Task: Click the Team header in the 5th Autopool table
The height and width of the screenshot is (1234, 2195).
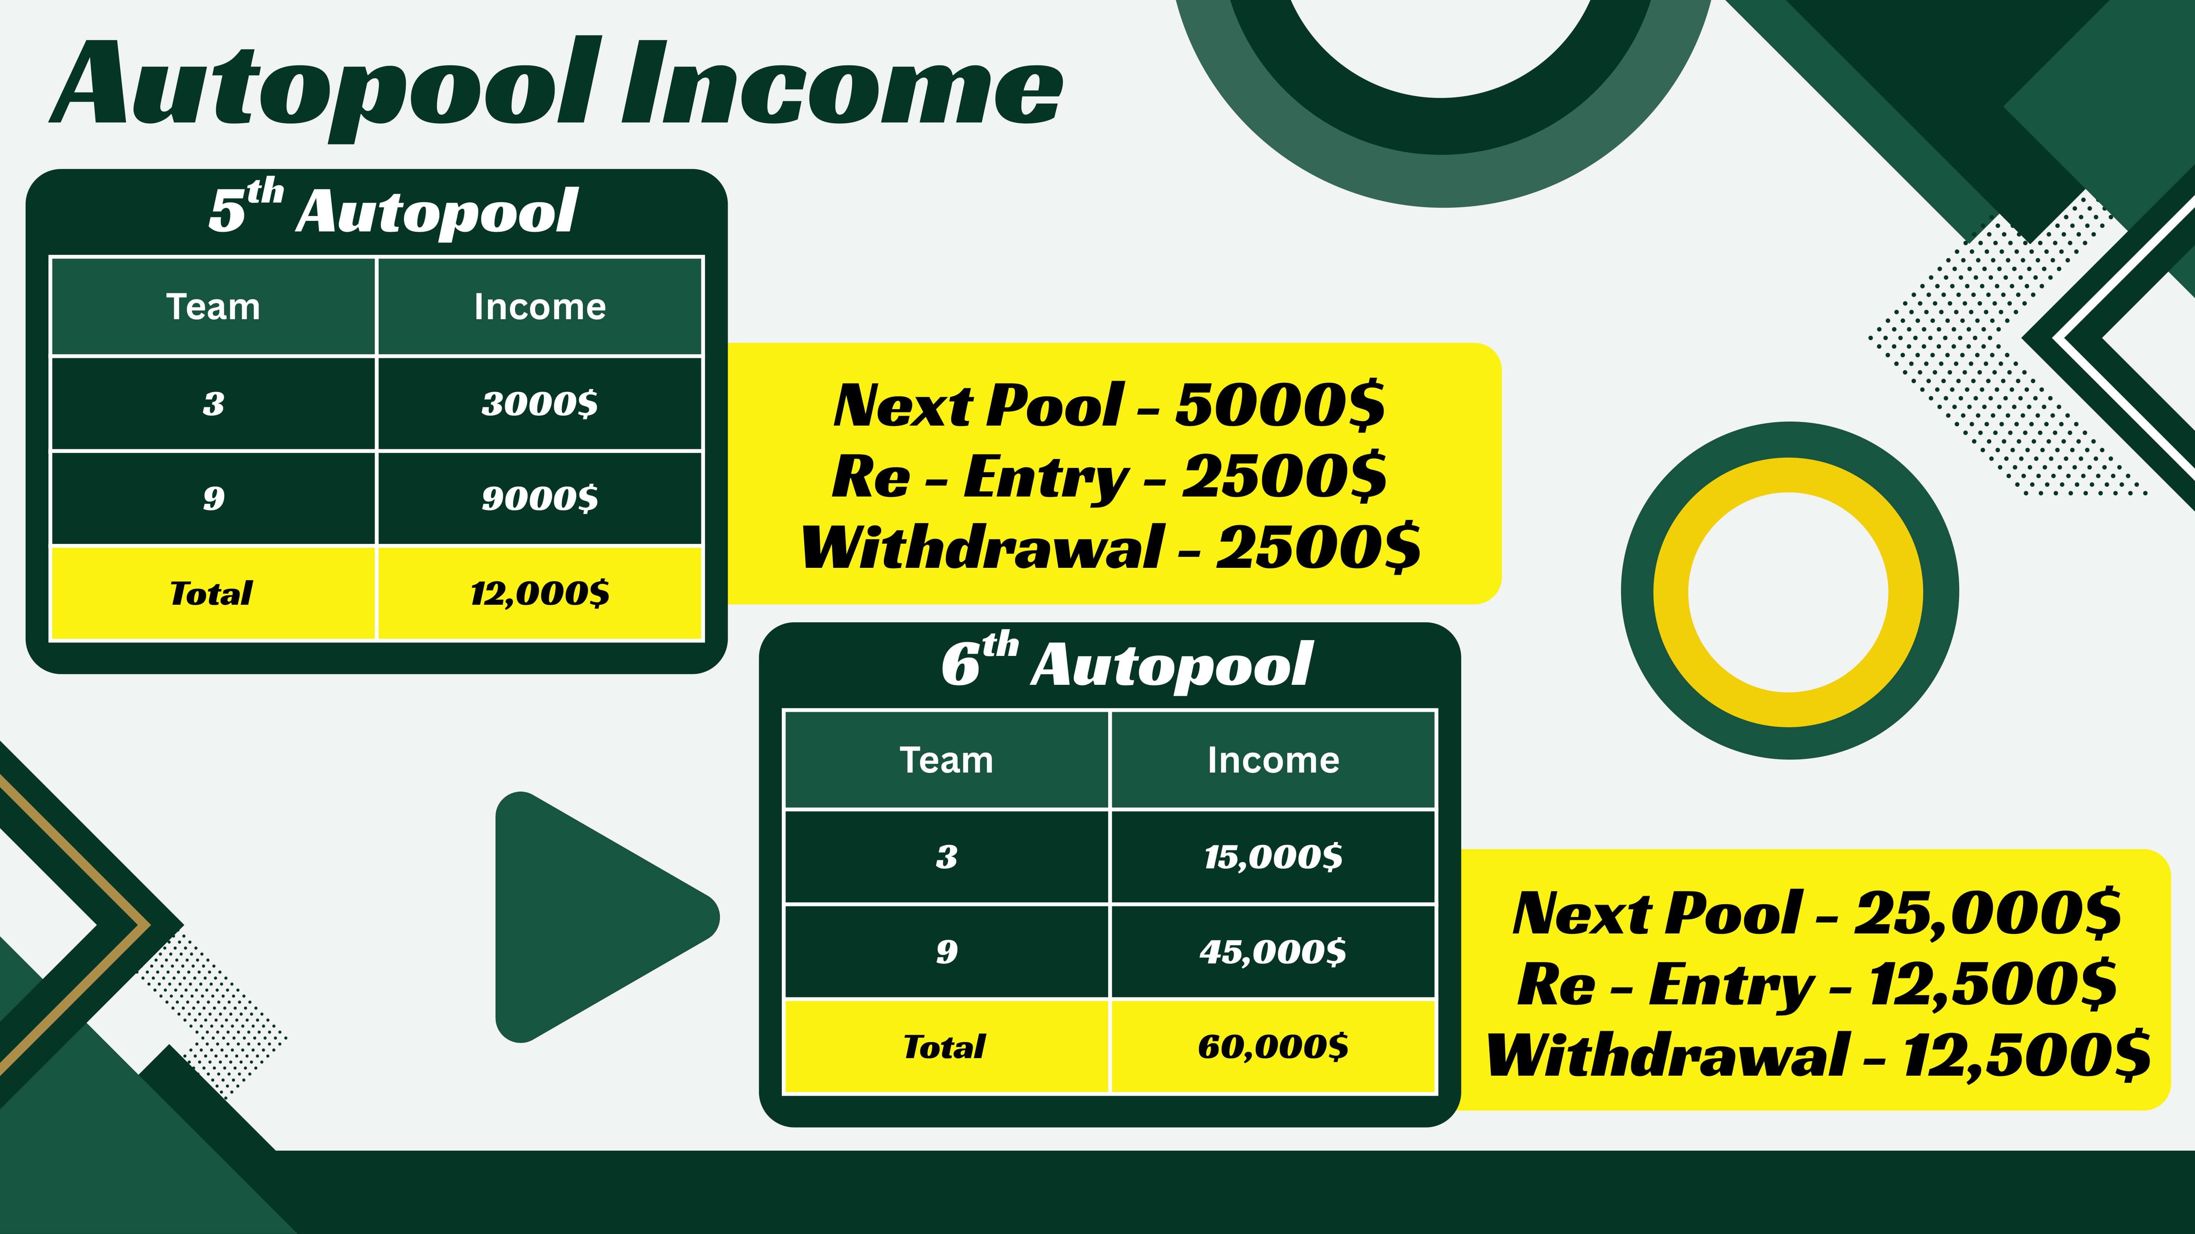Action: (213, 307)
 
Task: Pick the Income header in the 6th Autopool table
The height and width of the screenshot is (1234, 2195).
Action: (1273, 760)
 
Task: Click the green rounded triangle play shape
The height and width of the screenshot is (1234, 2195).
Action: (596, 917)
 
